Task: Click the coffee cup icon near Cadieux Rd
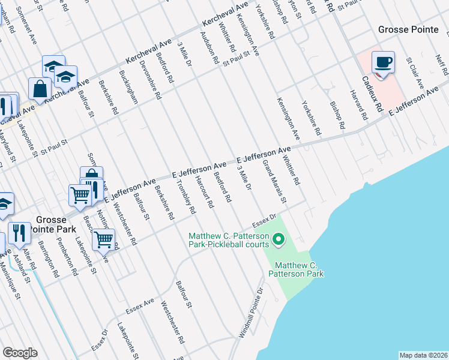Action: pos(383,62)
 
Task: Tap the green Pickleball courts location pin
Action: pos(278,240)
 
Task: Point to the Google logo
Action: pos(20,353)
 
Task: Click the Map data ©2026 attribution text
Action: pos(423,355)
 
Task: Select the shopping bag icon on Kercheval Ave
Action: pos(40,89)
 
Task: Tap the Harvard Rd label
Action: pos(358,104)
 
